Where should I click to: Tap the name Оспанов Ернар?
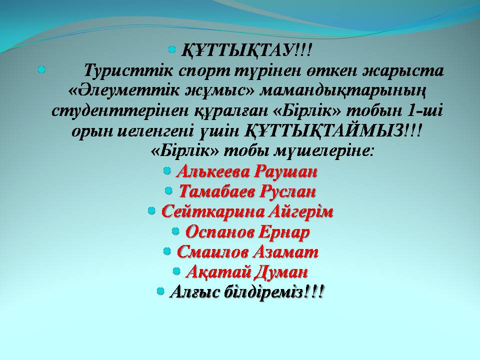(x=247, y=232)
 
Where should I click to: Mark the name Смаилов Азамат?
(x=247, y=252)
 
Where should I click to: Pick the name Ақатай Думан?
(x=246, y=272)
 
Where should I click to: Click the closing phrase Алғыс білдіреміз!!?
(x=246, y=292)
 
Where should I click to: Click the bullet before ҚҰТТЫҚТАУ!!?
(x=172, y=49)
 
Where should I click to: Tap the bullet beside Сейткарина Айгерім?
(x=151, y=210)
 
